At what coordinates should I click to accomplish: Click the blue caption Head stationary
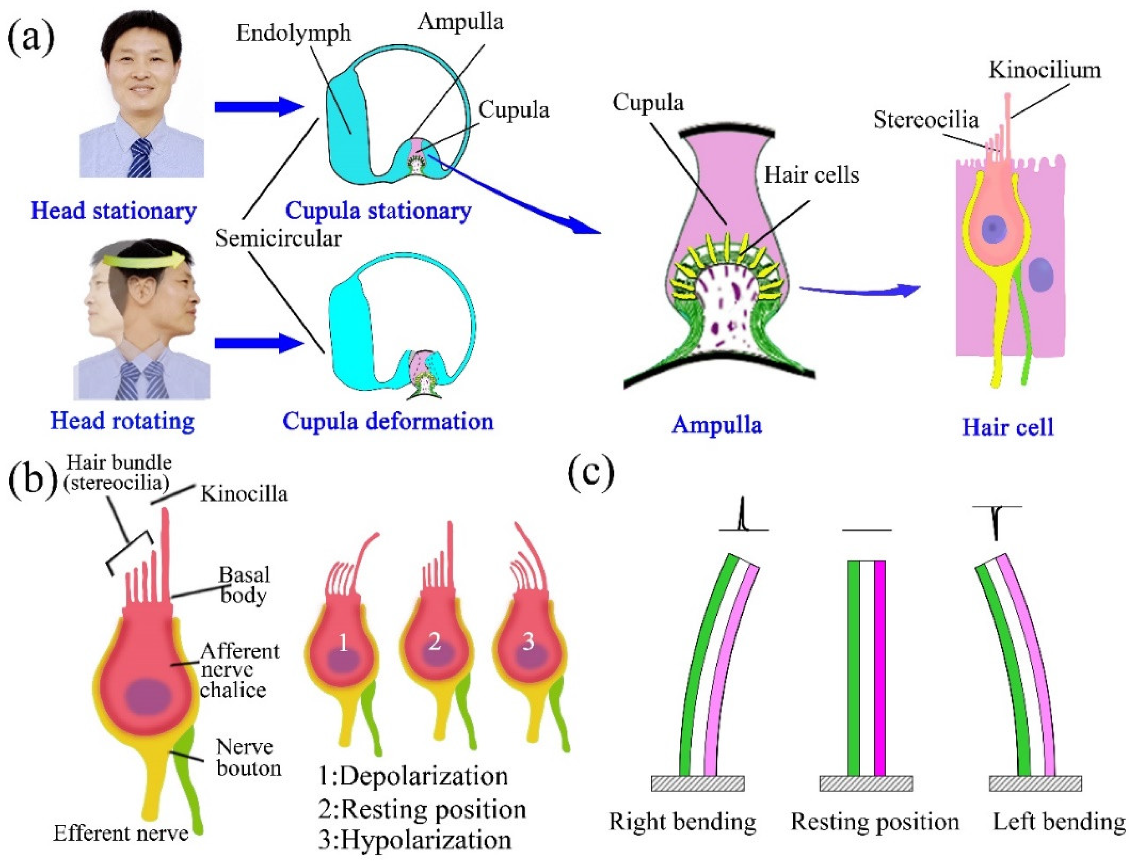[x=113, y=211]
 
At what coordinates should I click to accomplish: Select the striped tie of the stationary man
[x=139, y=157]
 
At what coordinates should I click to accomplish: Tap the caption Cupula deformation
[x=388, y=422]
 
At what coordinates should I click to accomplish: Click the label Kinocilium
[x=1044, y=70]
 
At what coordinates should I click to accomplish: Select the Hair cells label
[x=811, y=175]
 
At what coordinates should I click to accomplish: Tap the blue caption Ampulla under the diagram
[x=717, y=425]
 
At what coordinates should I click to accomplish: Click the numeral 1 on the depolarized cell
[x=343, y=643]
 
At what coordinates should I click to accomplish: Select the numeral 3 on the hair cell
[x=528, y=642]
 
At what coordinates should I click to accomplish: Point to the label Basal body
[x=244, y=585]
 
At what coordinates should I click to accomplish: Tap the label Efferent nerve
[x=121, y=833]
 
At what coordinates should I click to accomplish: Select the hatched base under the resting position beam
[x=866, y=783]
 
